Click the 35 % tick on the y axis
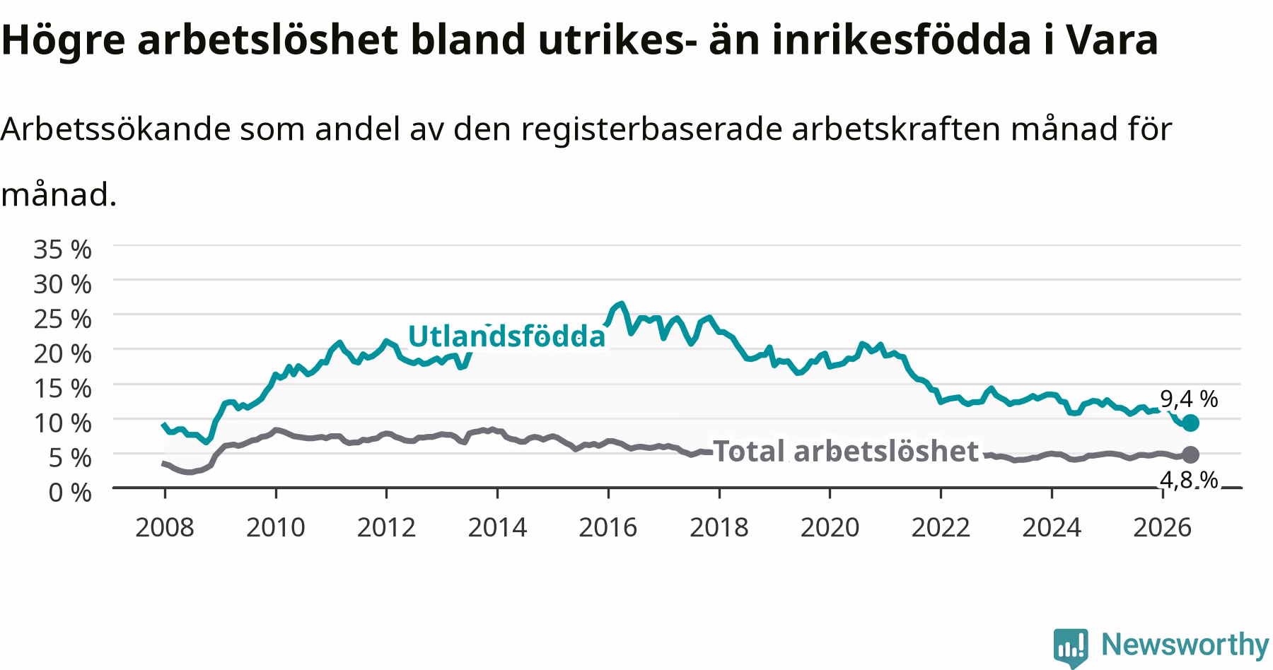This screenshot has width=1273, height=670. point(62,249)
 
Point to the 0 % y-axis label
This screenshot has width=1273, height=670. point(70,492)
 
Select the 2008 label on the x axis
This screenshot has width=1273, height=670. point(164,527)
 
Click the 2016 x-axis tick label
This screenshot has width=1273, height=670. point(608,527)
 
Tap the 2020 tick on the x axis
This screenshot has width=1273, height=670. point(830,527)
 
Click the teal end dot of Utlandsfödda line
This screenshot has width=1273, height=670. point(1190,423)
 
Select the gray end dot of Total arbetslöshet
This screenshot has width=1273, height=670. point(1190,454)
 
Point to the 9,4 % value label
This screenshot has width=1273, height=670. point(1189,399)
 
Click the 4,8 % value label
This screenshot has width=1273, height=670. point(1189,480)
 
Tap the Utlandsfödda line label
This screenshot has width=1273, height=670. point(506,336)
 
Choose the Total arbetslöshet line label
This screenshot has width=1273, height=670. point(846,451)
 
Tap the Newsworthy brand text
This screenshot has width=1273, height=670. point(1185,645)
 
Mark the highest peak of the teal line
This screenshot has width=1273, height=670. point(621,303)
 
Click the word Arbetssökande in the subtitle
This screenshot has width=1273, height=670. point(116,129)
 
